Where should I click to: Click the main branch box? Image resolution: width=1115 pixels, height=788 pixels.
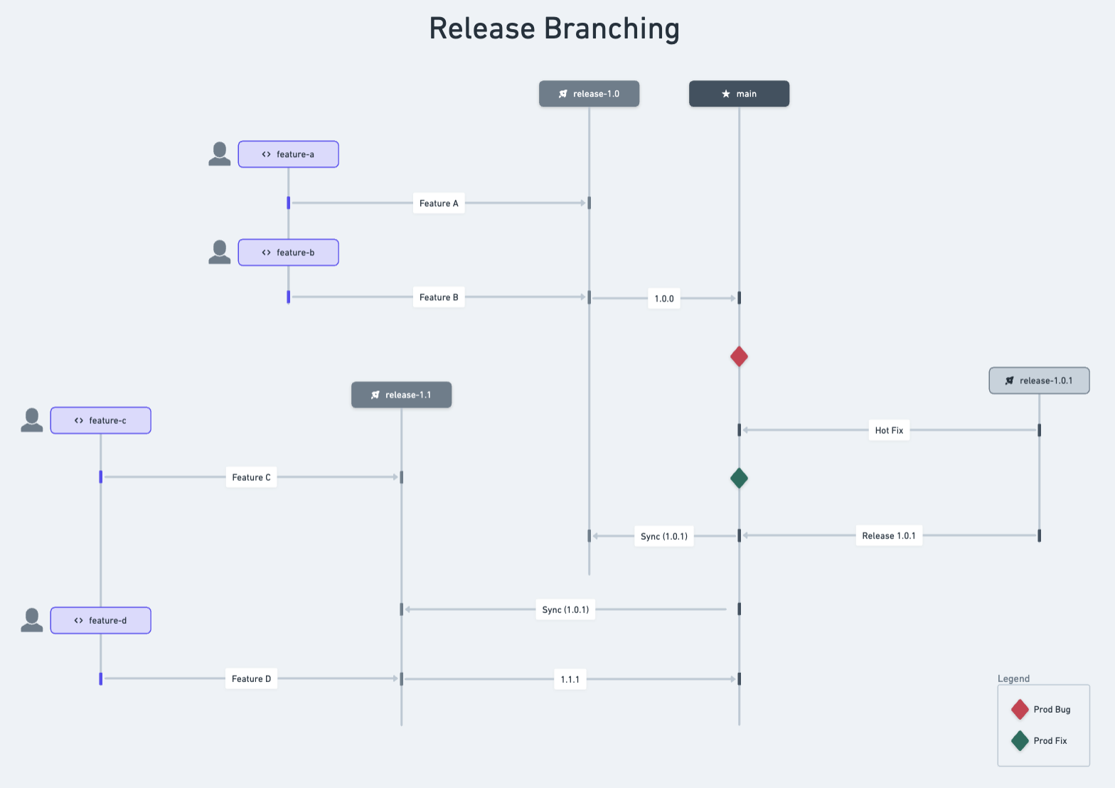tap(739, 94)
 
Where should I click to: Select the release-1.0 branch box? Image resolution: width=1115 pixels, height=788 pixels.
tap(589, 94)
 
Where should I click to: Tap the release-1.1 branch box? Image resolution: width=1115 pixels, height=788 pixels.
tap(401, 395)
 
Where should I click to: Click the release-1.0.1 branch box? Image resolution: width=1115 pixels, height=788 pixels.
tap(1039, 380)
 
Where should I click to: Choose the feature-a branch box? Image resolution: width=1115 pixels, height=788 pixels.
tap(288, 154)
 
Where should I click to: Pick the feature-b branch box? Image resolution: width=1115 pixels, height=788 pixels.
tap(288, 252)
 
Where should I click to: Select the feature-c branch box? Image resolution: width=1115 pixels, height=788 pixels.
tap(100, 420)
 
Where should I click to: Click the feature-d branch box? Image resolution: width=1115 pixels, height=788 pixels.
tap(100, 620)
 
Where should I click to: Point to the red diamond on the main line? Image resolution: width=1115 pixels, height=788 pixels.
tap(739, 356)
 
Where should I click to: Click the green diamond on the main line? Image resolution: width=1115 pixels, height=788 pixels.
tap(739, 478)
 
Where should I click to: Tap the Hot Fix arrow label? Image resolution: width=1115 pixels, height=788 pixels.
tap(889, 430)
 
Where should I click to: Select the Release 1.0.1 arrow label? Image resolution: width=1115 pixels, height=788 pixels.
tap(889, 536)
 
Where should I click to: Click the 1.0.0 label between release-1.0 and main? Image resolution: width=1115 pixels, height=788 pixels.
tap(664, 299)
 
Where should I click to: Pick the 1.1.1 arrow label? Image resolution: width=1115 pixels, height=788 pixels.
tap(570, 679)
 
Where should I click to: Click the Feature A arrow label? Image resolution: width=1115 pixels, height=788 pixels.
tap(439, 203)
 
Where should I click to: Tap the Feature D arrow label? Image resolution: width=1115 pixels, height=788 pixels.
tap(251, 678)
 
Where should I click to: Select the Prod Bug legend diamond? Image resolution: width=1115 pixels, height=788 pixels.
tap(1020, 709)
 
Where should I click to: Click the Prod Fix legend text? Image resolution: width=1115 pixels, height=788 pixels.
tap(1050, 740)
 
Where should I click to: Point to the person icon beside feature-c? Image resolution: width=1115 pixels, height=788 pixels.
tap(32, 420)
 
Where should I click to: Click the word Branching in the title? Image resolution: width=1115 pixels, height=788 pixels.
tap(612, 29)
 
